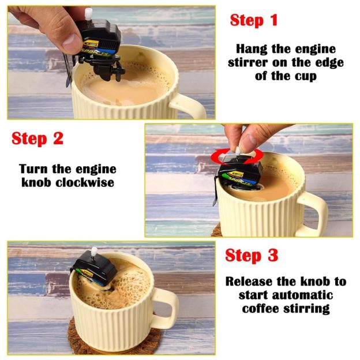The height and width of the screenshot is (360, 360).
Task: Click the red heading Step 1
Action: click(x=254, y=20)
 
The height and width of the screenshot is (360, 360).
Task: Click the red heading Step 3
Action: click(x=252, y=255)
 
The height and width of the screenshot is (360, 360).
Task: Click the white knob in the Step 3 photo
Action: click(x=94, y=253)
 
